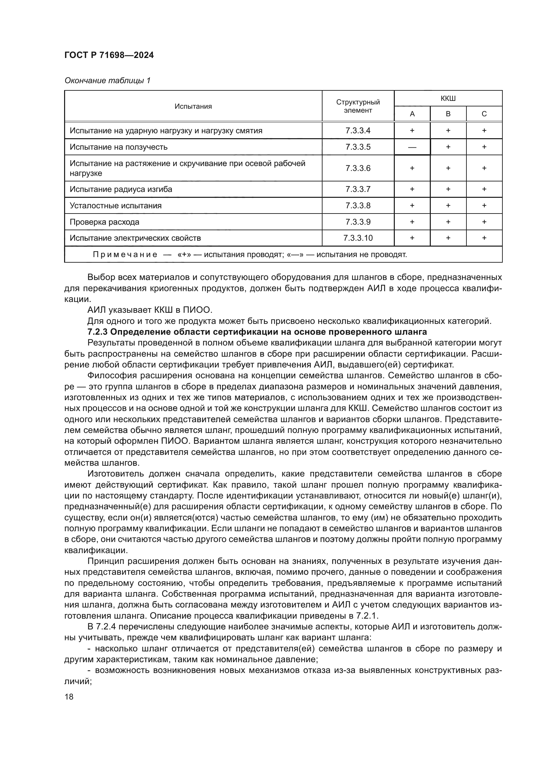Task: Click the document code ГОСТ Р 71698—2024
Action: (109, 55)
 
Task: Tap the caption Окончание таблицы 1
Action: (107, 81)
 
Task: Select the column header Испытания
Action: (193, 106)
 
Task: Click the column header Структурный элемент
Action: (358, 106)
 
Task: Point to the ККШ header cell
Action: (448, 99)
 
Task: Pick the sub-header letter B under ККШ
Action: (448, 114)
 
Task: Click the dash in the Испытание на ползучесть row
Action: (412, 147)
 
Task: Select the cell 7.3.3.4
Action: (358, 130)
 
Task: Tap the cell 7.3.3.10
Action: (358, 238)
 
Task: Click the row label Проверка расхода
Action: (104, 222)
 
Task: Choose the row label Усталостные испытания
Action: (115, 206)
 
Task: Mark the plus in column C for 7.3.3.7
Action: (484, 189)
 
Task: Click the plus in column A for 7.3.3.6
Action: (412, 168)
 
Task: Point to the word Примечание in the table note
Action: (125, 255)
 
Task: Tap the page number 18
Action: (69, 697)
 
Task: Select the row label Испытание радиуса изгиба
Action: (121, 189)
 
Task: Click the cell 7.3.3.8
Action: (358, 206)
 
